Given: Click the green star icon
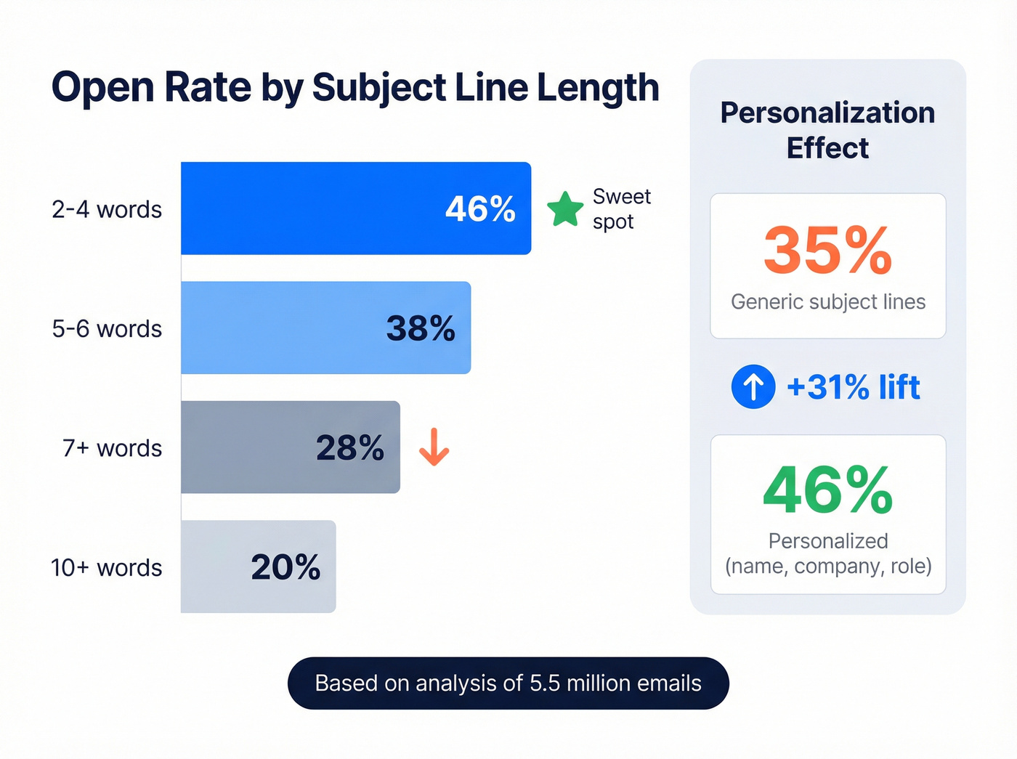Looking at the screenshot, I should (x=565, y=209).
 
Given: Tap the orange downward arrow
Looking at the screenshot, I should (x=434, y=447).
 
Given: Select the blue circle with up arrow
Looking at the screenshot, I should (x=753, y=386).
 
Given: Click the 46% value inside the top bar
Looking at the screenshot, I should (x=480, y=209).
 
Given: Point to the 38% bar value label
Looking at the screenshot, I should (x=421, y=328).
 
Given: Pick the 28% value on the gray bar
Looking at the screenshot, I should (x=349, y=447).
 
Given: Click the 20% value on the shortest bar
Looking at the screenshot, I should (x=285, y=567).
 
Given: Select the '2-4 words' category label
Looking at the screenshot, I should (x=107, y=209).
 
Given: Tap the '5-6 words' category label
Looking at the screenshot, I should (x=107, y=328).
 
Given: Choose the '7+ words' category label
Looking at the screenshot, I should (x=112, y=448).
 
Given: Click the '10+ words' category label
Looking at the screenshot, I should (x=106, y=567).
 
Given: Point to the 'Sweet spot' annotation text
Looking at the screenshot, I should (x=621, y=209).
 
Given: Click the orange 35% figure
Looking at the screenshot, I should (x=827, y=251).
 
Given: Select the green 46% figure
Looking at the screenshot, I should (x=827, y=491).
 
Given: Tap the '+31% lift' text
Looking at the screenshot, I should (x=853, y=386).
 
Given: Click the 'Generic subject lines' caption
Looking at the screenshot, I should (x=828, y=301).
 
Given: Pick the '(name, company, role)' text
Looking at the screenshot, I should (x=828, y=566).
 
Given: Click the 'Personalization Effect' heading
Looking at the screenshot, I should (x=827, y=130).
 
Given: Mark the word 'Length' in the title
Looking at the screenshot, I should (x=597, y=88).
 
